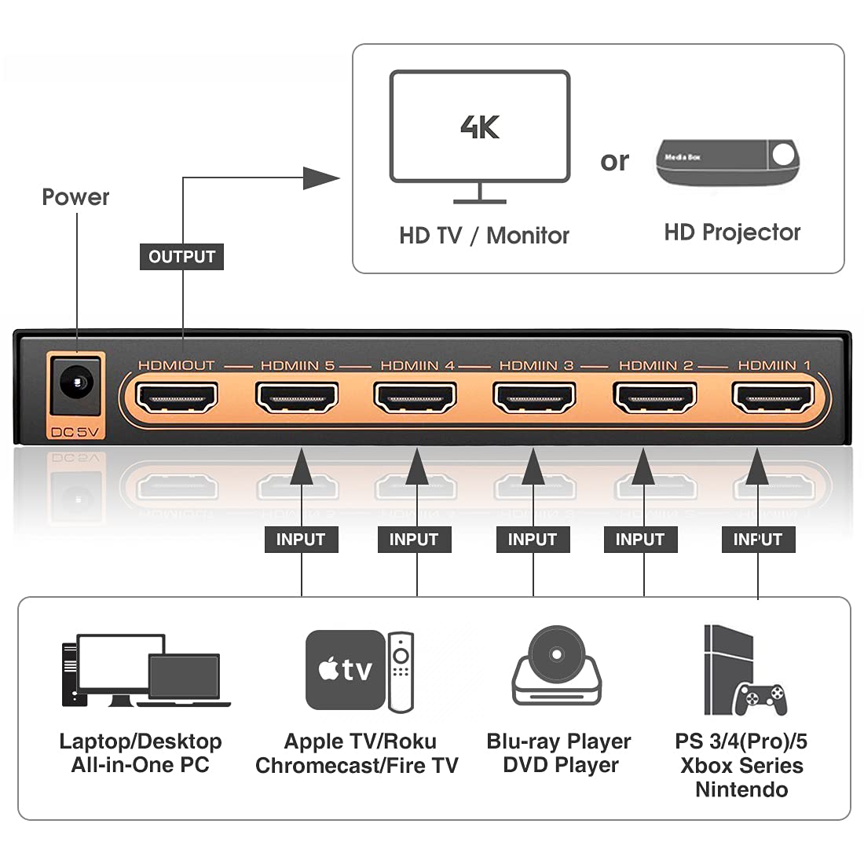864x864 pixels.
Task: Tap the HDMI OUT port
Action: click(x=177, y=398)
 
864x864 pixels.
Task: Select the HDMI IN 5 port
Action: click(x=297, y=398)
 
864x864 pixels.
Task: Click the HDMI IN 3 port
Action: click(x=534, y=398)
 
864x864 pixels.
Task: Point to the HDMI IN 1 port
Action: click(x=773, y=398)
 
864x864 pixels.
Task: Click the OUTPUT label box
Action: click(x=181, y=257)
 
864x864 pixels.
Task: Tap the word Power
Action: click(x=75, y=197)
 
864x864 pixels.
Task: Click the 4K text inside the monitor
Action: click(x=480, y=126)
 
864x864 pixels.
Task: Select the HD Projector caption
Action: click(x=732, y=232)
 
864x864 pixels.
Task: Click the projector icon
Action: click(x=727, y=162)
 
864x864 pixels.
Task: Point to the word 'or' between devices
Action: click(x=614, y=161)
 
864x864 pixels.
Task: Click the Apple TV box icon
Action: click(x=345, y=670)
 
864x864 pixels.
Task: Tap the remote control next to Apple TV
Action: click(x=401, y=672)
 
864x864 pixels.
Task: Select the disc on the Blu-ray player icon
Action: click(x=556, y=653)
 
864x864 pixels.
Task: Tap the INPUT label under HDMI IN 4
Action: click(x=413, y=540)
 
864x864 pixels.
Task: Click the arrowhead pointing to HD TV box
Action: click(x=321, y=178)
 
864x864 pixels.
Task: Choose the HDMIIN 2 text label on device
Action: click(x=656, y=365)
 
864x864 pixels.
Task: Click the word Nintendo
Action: click(x=741, y=789)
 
